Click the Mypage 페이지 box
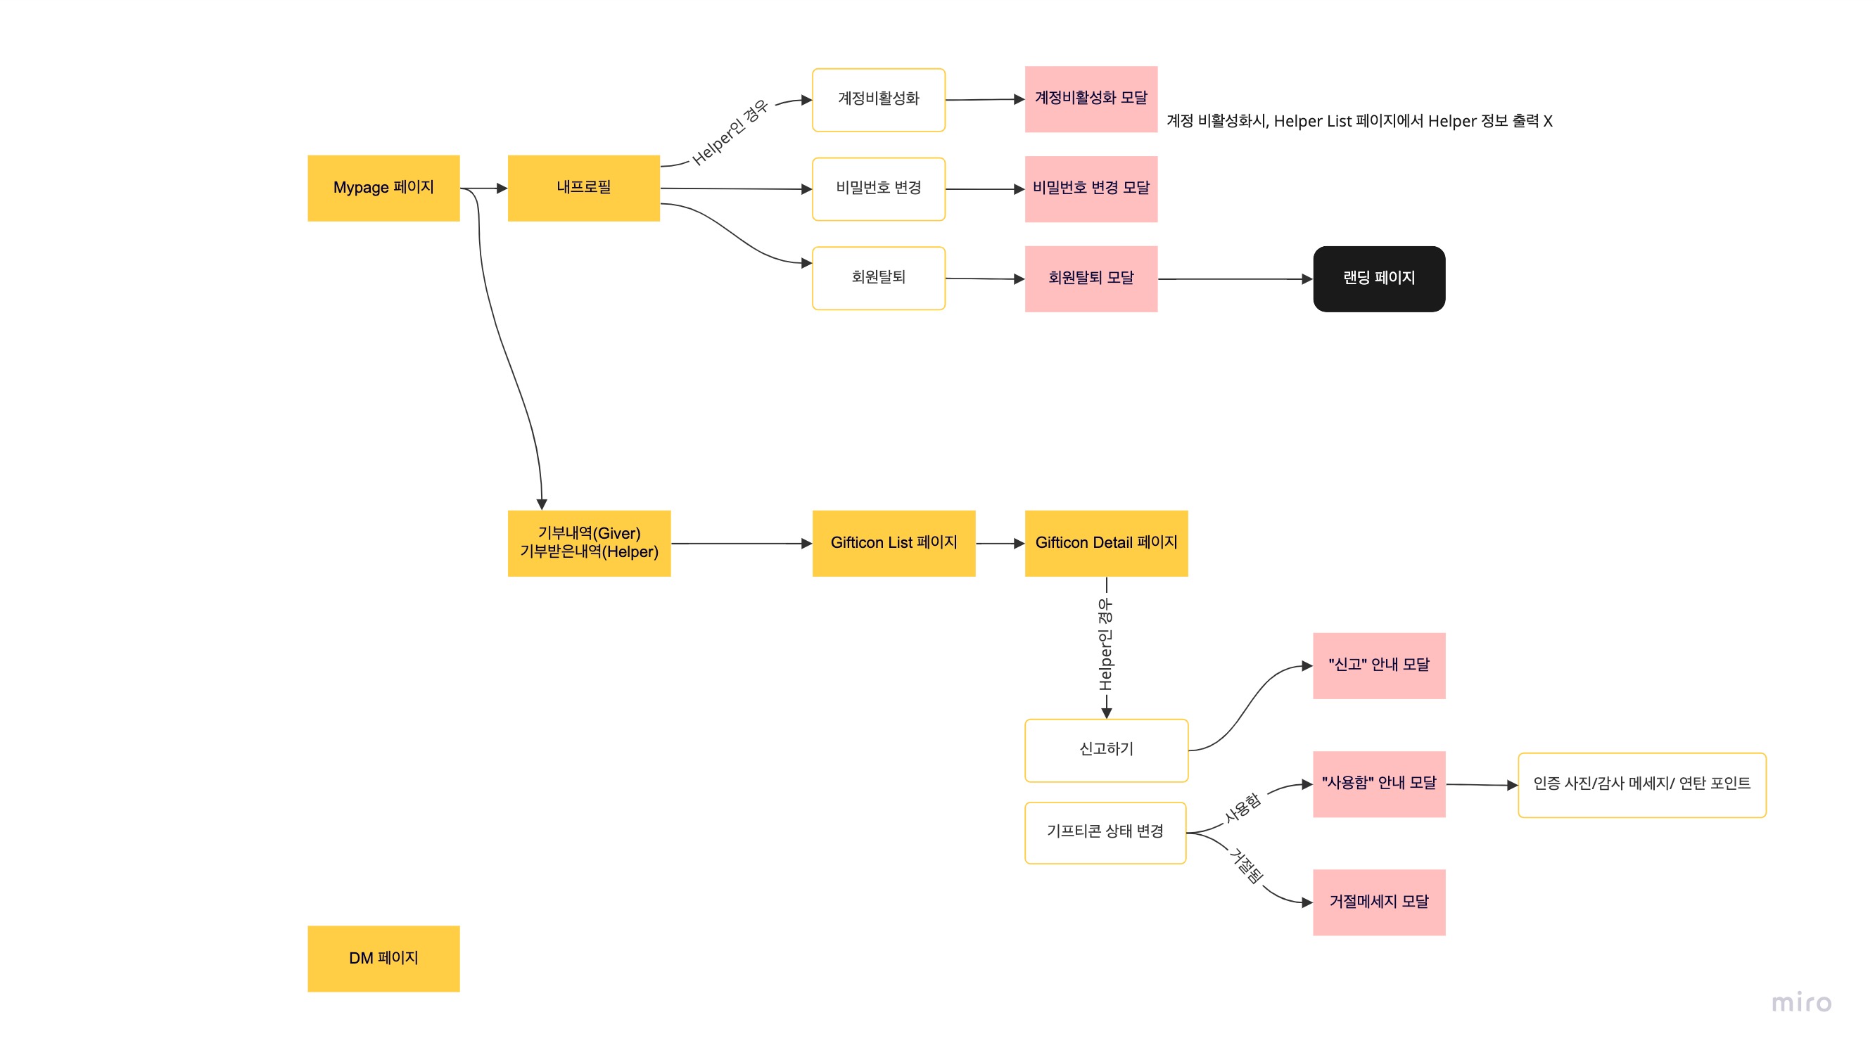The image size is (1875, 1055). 383,188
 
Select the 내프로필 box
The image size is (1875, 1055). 584,188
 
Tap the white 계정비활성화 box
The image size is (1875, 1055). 879,100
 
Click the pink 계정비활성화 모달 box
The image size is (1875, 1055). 1091,99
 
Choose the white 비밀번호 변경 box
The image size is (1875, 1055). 879,189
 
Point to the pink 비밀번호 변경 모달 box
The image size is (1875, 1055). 1091,189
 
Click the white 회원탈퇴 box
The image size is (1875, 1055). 879,278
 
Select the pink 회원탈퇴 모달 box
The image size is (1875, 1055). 1091,279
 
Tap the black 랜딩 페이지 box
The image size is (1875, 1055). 1379,279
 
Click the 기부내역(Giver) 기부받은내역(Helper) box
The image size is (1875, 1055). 589,544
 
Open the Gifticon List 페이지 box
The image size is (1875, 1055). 894,544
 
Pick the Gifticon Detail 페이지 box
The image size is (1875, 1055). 1107,544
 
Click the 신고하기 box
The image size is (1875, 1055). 1107,750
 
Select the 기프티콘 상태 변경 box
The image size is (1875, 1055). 1105,833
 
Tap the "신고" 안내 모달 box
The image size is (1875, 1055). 1379,666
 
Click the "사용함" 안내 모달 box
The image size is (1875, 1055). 1379,784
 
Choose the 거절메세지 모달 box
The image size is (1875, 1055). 1379,902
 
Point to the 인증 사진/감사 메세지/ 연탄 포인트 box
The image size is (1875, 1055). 1642,785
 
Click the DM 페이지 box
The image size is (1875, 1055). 383,958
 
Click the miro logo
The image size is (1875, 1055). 1802,1003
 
